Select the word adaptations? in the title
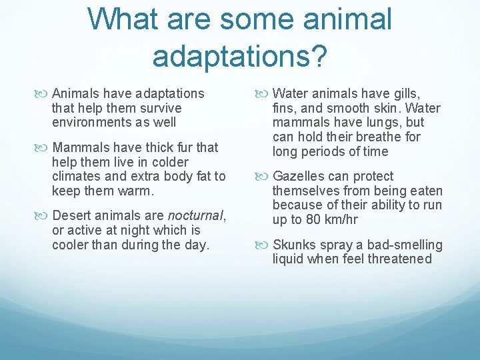pyautogui.click(x=239, y=56)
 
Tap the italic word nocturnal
pyautogui.click(x=196, y=216)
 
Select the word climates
pyautogui.click(x=77, y=177)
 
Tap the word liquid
pyautogui.click(x=288, y=259)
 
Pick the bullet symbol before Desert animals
pyautogui.click(x=44, y=216)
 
